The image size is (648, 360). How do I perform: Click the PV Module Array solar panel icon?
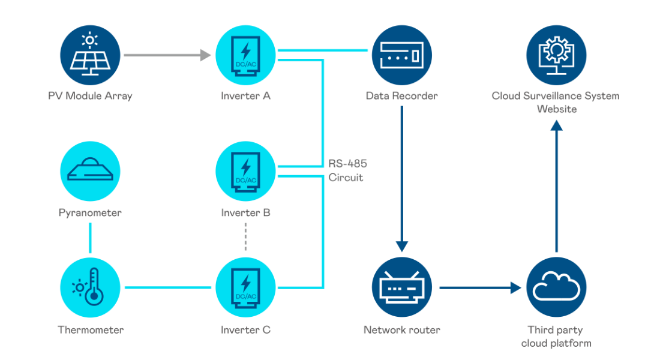pos(91,55)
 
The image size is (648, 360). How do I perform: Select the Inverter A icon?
pos(245,55)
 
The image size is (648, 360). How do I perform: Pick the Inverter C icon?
pos(245,287)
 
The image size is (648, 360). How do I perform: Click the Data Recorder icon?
pos(401,55)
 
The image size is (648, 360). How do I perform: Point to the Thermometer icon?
pos(91,287)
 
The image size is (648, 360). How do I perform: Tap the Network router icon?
pos(401,287)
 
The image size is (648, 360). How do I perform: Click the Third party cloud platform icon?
pos(556,287)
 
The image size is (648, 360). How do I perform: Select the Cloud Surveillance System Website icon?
pos(556,55)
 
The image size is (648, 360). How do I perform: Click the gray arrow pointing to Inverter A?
pos(167,55)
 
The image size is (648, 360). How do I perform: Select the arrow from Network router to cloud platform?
pos(480,288)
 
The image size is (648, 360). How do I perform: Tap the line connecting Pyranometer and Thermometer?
pos(90,238)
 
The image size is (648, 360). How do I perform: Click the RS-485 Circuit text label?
pos(347,170)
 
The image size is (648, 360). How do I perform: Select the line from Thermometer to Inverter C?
pos(167,288)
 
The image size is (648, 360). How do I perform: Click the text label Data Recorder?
pos(401,96)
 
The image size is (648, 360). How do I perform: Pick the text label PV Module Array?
pos(91,96)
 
